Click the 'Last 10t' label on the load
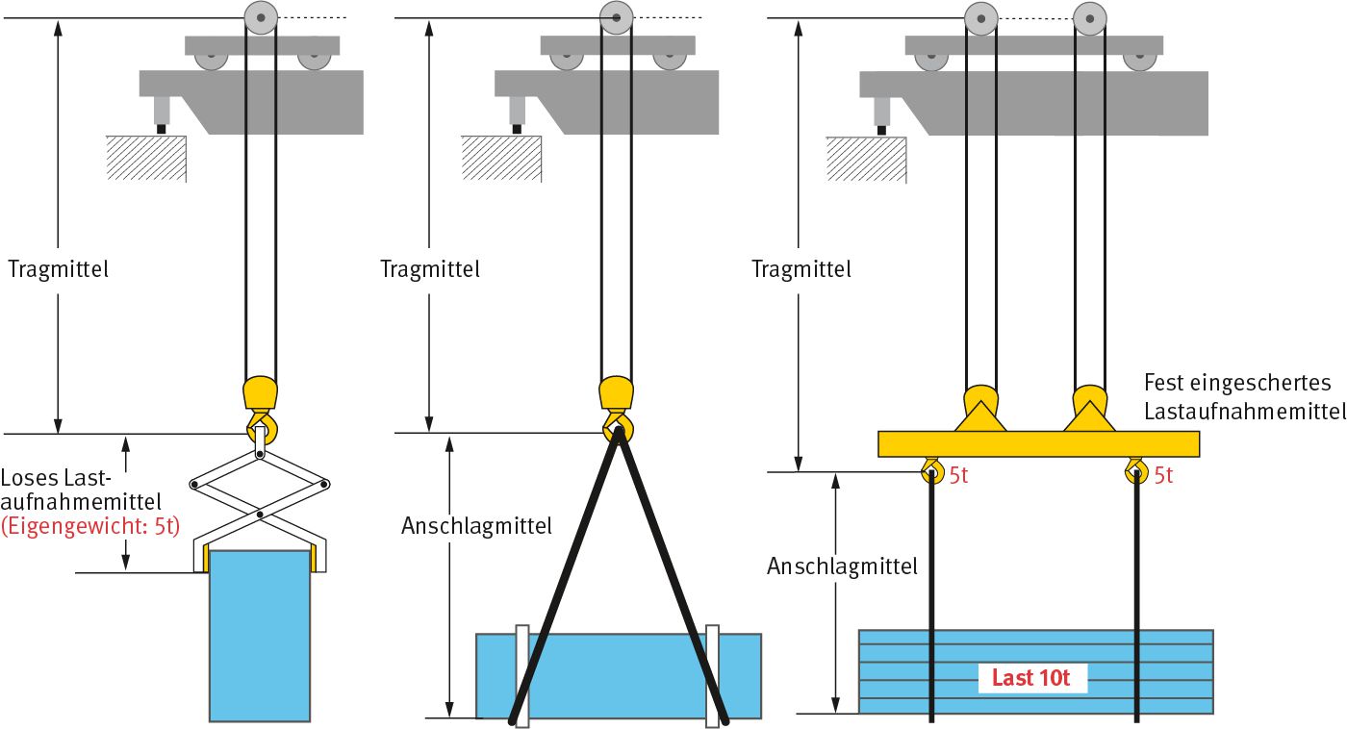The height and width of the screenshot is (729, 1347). (1030, 678)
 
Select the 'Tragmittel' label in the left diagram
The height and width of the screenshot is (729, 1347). (58, 269)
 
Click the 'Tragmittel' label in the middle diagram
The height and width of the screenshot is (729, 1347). (430, 269)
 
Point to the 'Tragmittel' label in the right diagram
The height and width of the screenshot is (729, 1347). (801, 269)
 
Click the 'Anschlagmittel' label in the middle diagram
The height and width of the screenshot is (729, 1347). (477, 526)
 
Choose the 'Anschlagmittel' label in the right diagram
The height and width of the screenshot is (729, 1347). (842, 566)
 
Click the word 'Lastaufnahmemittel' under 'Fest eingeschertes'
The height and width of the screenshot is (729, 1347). (1244, 412)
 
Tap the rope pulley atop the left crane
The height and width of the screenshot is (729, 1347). (260, 17)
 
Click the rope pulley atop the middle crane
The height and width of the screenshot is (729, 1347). (616, 17)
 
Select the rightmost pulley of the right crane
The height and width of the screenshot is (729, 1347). (1090, 18)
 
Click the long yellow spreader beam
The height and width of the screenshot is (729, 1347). (1038, 443)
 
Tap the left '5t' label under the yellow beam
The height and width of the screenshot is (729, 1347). (959, 475)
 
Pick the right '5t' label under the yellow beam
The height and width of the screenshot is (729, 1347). (1163, 475)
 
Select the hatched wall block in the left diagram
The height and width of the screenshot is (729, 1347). (145, 159)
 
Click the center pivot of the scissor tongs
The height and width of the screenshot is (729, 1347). (260, 514)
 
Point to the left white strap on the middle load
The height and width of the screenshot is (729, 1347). (521, 676)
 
